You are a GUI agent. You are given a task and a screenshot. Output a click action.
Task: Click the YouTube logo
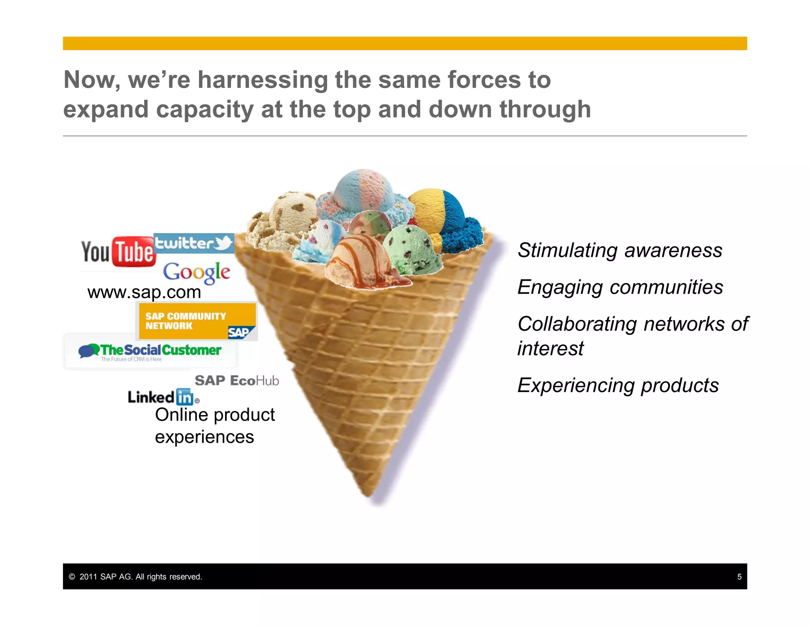point(117,252)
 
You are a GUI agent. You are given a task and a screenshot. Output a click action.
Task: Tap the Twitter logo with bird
point(193,243)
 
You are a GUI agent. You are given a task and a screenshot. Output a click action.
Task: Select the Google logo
point(196,272)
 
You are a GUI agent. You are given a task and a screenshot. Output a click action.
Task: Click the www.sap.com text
point(144,292)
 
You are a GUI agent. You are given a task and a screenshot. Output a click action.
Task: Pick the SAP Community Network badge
point(197,321)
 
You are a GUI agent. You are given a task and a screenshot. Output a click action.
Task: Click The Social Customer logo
point(150,351)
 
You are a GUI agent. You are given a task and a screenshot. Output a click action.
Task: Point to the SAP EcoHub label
point(237,381)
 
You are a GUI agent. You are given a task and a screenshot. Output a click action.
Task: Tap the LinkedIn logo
point(163,397)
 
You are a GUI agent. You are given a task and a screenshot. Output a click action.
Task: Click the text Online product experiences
point(214,426)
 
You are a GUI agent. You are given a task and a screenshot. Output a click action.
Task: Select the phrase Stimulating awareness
point(620,250)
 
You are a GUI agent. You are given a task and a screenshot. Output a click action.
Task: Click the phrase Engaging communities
point(620,287)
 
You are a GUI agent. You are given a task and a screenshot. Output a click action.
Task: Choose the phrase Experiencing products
point(618,385)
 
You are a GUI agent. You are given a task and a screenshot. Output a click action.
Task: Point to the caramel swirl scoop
point(362,261)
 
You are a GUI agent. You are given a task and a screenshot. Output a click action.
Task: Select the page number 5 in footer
point(739,577)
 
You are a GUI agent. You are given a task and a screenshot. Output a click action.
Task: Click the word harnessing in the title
point(263,80)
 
